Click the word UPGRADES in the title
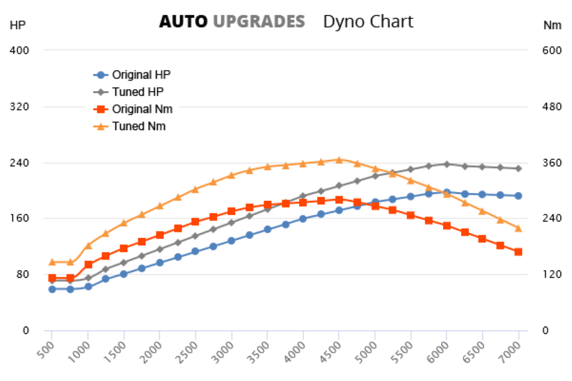(259, 22)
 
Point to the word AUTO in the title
(183, 22)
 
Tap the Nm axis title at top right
(552, 25)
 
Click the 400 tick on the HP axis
(20, 50)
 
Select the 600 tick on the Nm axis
(552, 50)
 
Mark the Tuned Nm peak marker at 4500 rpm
(339, 160)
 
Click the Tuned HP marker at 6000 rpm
(447, 164)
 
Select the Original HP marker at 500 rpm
(52, 289)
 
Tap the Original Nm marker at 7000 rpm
(518, 252)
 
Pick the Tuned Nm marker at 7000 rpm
(518, 229)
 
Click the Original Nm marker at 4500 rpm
(339, 199)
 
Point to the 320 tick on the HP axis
(20, 107)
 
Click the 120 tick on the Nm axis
(552, 274)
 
